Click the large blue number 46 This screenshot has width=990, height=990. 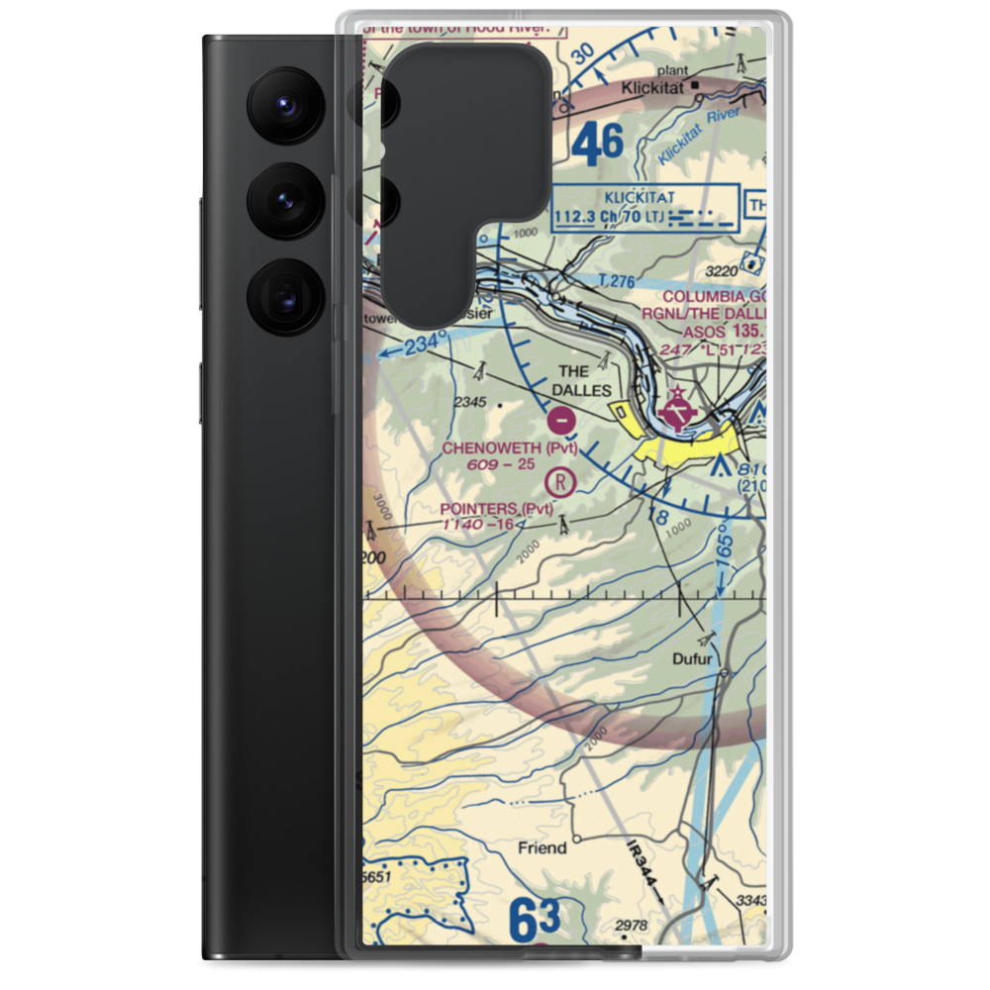click(598, 145)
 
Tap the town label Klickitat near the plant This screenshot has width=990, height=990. click(654, 88)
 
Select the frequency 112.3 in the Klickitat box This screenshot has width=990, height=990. click(584, 216)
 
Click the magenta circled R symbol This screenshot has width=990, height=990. click(561, 482)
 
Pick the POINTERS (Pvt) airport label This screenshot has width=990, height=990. click(498, 509)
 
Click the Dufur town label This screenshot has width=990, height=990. click(693, 658)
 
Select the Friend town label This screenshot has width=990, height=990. click(543, 847)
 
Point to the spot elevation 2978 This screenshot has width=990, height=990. click(631, 926)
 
